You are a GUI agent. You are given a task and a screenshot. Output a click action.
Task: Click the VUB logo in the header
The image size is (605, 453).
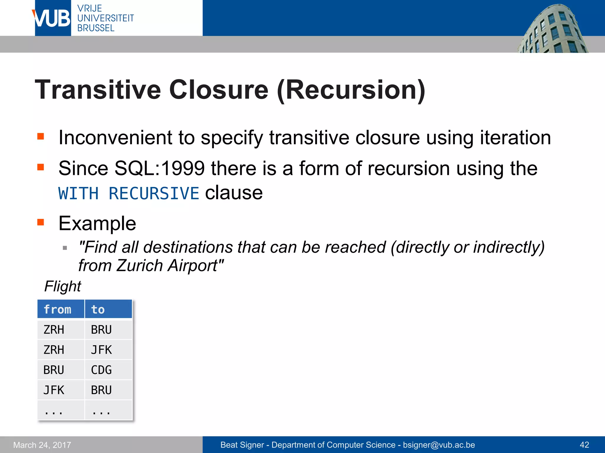point(53,18)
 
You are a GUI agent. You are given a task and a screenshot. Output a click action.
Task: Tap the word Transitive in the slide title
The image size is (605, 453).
point(98,90)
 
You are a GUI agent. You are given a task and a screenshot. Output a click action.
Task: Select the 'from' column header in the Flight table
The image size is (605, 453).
point(58,309)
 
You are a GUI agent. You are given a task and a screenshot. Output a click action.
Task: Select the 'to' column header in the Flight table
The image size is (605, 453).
point(98,309)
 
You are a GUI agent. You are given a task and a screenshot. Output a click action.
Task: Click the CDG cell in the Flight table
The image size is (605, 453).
point(101,370)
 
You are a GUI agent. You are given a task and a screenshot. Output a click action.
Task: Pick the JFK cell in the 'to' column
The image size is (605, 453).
point(101,350)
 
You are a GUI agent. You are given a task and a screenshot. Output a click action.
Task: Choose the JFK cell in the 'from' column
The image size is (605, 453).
point(54,390)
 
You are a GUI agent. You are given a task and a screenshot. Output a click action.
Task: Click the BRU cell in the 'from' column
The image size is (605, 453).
point(54,370)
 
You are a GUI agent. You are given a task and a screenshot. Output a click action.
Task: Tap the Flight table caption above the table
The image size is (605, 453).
point(62,286)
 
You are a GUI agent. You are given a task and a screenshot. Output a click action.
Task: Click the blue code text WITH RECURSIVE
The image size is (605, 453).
point(129,193)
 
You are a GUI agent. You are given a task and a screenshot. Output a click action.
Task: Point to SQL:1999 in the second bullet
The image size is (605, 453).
point(160,168)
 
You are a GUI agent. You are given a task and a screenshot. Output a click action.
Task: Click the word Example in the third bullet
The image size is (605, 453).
point(97,223)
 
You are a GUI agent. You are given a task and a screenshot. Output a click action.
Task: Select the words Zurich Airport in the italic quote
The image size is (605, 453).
point(167,265)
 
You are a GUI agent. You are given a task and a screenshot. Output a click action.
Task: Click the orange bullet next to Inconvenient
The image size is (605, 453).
point(41,136)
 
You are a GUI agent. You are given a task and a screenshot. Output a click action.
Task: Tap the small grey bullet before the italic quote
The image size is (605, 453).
point(65,248)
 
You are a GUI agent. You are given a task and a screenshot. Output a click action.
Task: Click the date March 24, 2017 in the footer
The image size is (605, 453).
point(42,445)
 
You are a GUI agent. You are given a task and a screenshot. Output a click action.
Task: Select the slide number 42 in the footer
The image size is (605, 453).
point(584,445)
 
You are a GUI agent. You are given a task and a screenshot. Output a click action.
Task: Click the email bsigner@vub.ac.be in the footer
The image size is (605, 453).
point(439,445)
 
